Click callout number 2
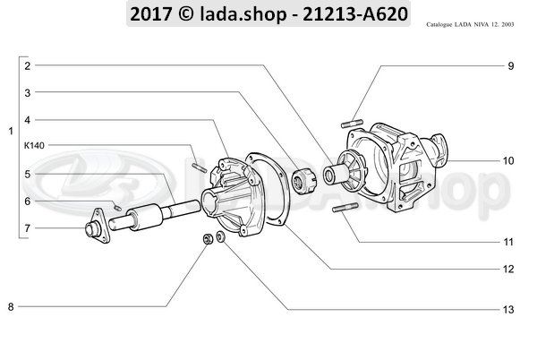28,66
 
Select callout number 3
28,92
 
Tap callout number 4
28,119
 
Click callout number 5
28,174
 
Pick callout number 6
28,201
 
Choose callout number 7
28,228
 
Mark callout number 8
11,308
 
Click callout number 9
510,66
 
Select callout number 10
508,162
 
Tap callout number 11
508,243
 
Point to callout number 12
508,269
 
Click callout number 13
508,310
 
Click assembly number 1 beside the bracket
10,133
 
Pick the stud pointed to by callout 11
345,211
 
